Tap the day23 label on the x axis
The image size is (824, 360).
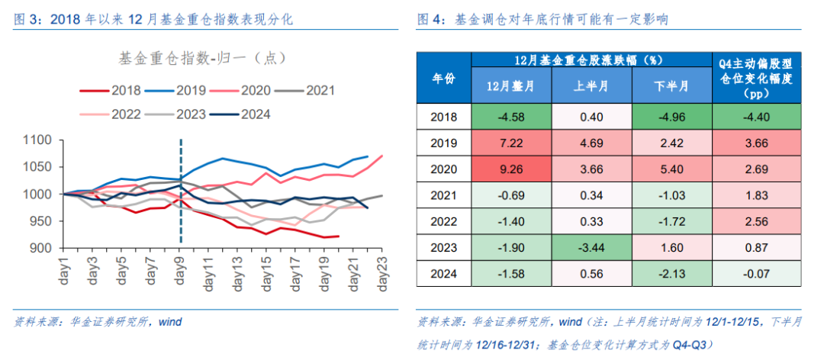tap(381, 268)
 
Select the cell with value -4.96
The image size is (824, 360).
tap(671, 117)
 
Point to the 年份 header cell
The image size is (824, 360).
tap(444, 77)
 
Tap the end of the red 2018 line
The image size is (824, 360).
tap(338, 236)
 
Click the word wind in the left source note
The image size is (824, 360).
tap(170, 321)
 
